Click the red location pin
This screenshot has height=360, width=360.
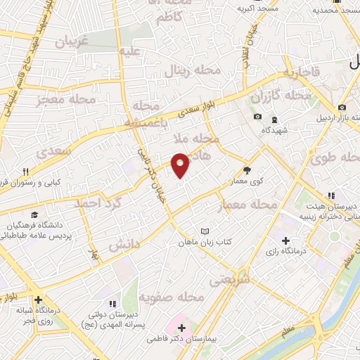pos(180,165)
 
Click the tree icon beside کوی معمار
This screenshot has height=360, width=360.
pos(246,169)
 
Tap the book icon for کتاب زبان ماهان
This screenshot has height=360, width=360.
pos(205,231)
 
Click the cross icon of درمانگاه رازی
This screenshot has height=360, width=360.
pos(285,241)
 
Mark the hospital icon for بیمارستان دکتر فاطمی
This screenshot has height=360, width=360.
pos(182,328)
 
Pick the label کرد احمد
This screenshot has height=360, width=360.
pos(98,202)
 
